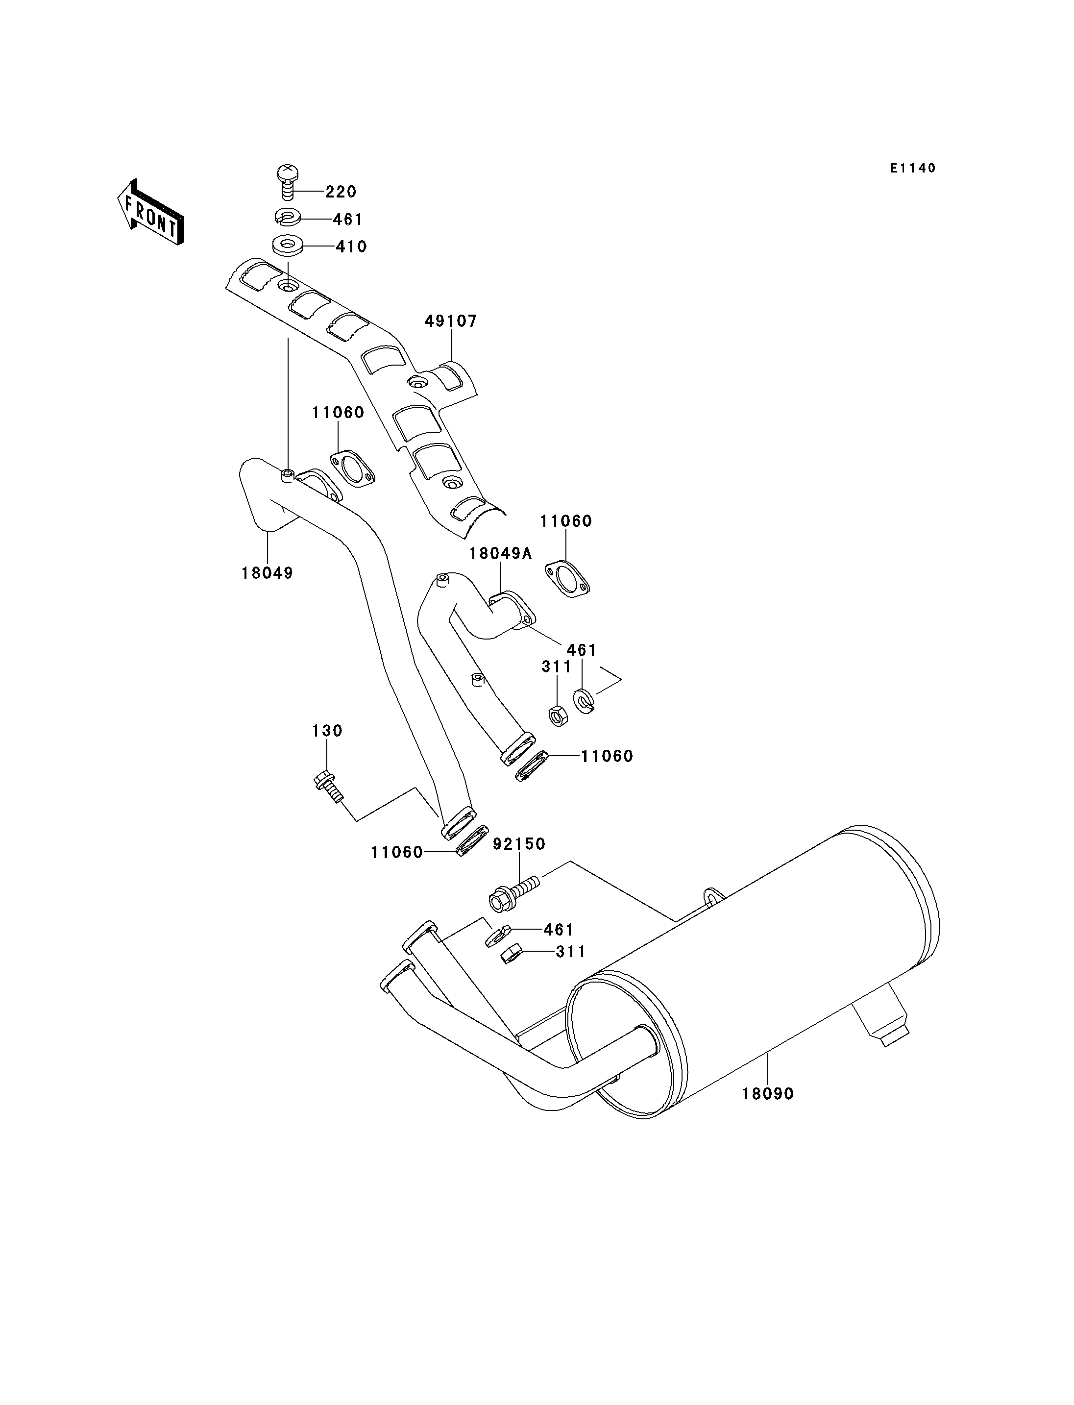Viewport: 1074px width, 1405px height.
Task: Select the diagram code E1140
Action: [913, 168]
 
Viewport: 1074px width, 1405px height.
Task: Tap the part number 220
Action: [342, 192]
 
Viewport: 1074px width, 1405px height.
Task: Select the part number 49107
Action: [451, 321]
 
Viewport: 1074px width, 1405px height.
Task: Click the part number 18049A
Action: [501, 553]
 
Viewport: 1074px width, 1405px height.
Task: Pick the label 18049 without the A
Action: [267, 573]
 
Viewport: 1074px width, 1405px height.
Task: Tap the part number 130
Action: [327, 730]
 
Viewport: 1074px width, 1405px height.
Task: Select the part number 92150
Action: [519, 844]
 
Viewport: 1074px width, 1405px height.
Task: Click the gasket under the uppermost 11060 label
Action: [352, 468]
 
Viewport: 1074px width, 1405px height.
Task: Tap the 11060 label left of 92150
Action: [397, 853]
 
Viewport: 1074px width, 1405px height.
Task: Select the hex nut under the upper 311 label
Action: [558, 715]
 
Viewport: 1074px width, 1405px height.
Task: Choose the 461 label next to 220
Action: [348, 220]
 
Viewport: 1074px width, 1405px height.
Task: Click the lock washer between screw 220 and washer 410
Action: [287, 218]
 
